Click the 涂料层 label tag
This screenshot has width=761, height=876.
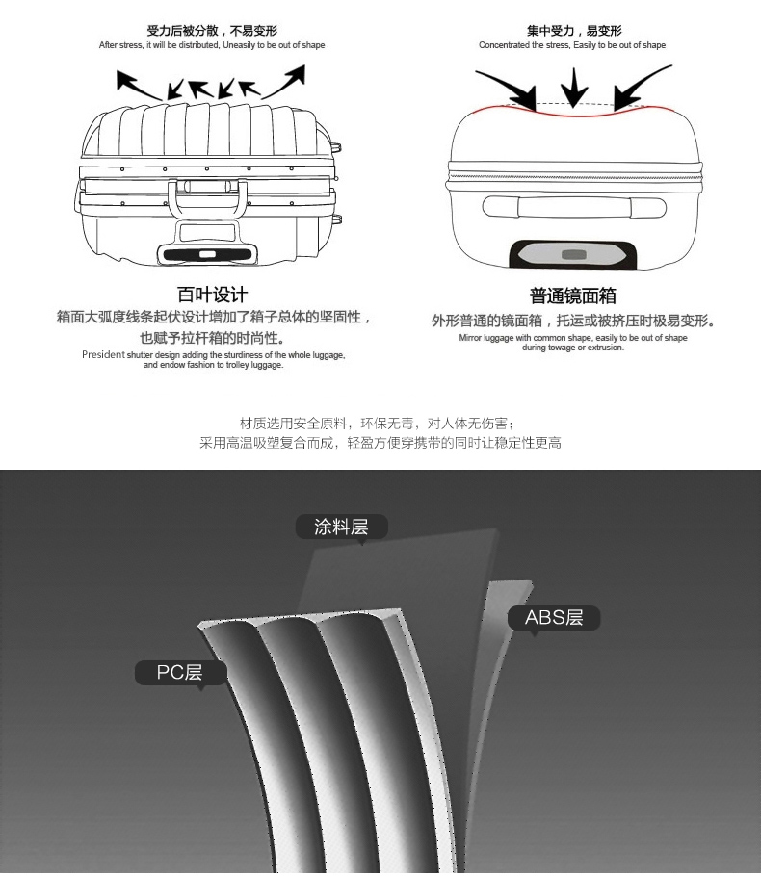[341, 527]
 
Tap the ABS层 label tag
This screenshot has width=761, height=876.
[554, 618]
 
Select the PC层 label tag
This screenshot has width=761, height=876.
[180, 672]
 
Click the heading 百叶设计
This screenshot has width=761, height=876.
[213, 295]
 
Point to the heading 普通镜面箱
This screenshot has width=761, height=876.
[573, 296]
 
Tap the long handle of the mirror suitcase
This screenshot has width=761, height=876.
[574, 207]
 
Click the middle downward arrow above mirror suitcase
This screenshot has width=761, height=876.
[574, 88]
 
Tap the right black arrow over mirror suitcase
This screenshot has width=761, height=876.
[642, 86]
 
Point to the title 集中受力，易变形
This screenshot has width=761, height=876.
[574, 32]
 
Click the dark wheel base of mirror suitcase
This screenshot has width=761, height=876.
[574, 254]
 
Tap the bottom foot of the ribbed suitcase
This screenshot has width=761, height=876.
[208, 255]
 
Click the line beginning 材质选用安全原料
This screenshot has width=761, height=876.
[380, 424]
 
